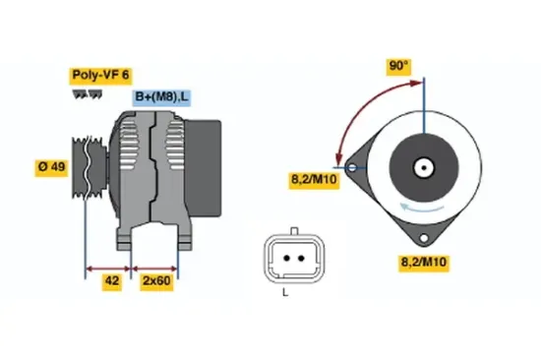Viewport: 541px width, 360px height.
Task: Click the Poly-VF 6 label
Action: coord(98,75)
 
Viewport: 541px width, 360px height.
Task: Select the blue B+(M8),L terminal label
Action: coord(162,97)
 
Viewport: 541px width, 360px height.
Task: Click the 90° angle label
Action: coord(397,67)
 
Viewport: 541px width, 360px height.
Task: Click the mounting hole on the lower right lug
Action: coord(424,239)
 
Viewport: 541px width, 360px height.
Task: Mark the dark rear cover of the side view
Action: coord(205,164)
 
